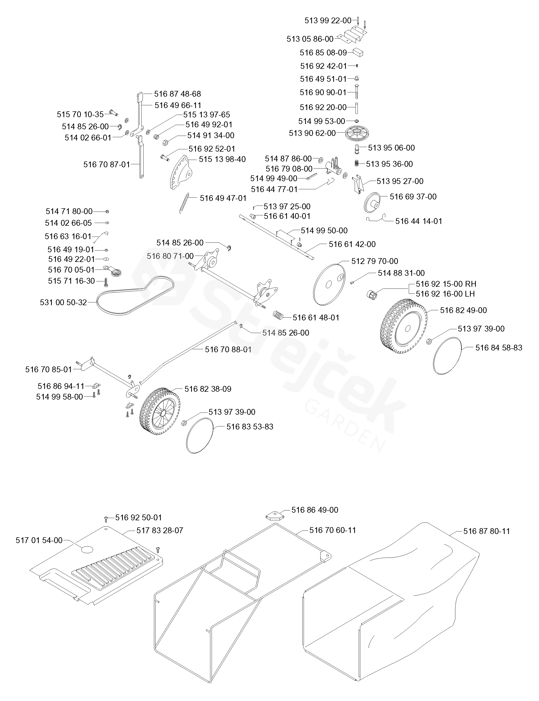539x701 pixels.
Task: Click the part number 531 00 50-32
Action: pos(63,302)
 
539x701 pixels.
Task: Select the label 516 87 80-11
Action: pos(486,531)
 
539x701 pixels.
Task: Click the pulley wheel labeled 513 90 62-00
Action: pos(357,133)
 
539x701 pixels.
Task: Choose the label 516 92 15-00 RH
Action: pos(446,284)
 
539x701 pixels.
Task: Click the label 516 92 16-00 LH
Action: pos(445,294)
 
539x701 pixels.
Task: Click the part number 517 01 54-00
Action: pos(39,540)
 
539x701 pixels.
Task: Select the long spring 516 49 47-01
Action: pos(184,203)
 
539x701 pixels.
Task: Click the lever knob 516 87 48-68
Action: pos(140,96)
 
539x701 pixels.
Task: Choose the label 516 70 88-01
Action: pos(228,349)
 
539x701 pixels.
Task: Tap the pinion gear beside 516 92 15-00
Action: pos(372,293)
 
